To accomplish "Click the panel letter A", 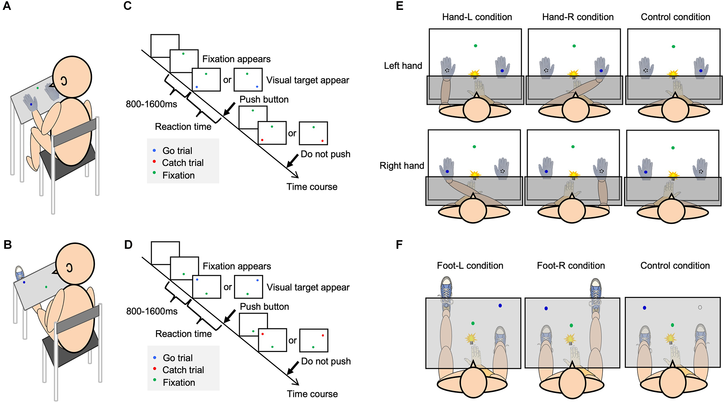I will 7,6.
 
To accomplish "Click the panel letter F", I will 399,245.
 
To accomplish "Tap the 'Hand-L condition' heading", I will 477,17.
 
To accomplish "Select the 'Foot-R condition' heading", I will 571,266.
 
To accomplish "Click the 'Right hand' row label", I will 402,165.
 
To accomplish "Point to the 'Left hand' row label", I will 403,66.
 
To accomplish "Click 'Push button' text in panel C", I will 264,100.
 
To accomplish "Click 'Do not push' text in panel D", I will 326,361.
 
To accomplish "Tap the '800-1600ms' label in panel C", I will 151,104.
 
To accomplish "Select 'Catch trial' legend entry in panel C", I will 183,163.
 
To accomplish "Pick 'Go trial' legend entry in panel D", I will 178,358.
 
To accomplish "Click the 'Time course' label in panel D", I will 312,394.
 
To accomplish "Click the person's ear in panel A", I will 64,81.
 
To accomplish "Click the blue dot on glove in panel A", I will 31,104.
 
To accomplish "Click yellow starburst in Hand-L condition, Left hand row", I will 474,73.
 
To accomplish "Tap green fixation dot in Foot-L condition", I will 473,323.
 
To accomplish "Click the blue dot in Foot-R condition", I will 546,308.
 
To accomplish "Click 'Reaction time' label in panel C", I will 183,127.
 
